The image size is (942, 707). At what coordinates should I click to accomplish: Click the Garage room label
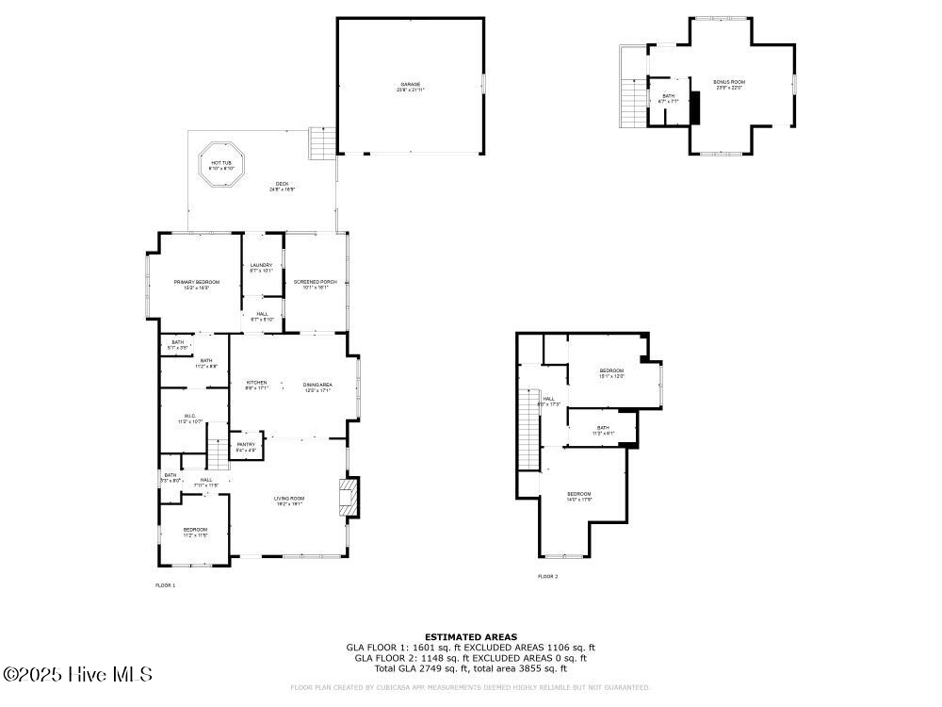point(411,87)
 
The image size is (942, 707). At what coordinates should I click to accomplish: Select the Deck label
point(282,186)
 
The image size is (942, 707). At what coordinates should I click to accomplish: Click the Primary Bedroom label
point(196,285)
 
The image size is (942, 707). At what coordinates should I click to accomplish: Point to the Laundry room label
point(261,268)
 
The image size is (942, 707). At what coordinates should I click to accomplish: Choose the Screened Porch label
point(315,285)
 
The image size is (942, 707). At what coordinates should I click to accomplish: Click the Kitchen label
point(256,385)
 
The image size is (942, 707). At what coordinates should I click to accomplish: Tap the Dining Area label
point(317,386)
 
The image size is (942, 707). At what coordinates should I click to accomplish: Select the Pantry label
point(246,447)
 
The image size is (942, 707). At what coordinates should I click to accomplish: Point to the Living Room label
point(289,501)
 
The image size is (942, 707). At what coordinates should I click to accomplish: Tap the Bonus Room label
point(729,85)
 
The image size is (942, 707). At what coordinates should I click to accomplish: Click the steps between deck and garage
point(323,143)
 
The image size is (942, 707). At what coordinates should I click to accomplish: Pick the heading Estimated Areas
point(470,637)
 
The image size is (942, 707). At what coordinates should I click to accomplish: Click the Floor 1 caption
point(165,585)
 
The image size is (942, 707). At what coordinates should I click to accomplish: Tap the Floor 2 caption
point(547,576)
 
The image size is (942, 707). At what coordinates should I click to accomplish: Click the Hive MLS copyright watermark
point(77,675)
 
